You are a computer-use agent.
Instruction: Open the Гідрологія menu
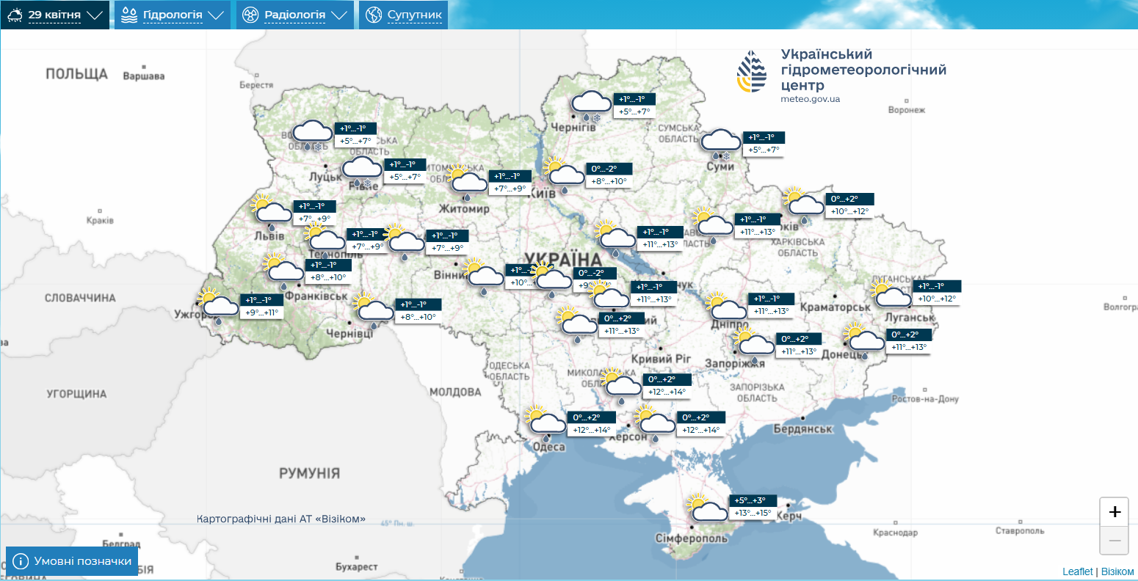click(x=173, y=15)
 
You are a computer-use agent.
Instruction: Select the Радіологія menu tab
click(x=294, y=15)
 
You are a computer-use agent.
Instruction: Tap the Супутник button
click(x=404, y=15)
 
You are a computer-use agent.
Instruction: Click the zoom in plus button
click(x=1114, y=512)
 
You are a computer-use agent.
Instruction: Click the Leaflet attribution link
click(x=1077, y=571)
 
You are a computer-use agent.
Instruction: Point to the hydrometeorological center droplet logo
click(x=752, y=72)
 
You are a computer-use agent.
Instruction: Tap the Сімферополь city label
click(x=691, y=538)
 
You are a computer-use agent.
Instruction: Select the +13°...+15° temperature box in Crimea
click(x=753, y=513)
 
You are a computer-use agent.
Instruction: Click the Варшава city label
click(x=143, y=76)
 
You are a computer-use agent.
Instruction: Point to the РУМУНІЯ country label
click(x=309, y=474)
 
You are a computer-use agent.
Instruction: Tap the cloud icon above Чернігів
click(x=590, y=103)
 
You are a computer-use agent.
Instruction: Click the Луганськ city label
click(x=910, y=318)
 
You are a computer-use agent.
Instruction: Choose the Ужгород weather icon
click(x=218, y=304)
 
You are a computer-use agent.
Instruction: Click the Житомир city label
click(x=464, y=209)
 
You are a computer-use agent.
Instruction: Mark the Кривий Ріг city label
click(x=661, y=359)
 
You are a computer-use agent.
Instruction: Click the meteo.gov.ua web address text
click(x=810, y=99)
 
